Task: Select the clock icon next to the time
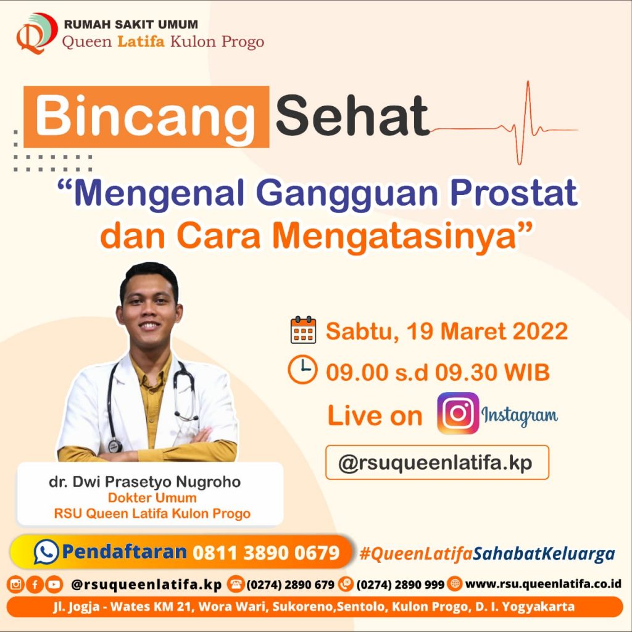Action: click(x=302, y=370)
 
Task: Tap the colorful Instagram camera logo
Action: click(x=458, y=414)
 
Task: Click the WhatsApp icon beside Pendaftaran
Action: click(x=46, y=552)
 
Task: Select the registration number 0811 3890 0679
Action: click(x=266, y=552)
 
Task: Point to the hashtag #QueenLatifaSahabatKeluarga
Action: click(x=487, y=553)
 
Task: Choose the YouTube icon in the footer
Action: click(x=54, y=584)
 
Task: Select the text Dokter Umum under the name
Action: click(x=152, y=498)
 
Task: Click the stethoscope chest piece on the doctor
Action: click(x=115, y=445)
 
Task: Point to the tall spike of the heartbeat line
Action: click(x=528, y=105)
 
